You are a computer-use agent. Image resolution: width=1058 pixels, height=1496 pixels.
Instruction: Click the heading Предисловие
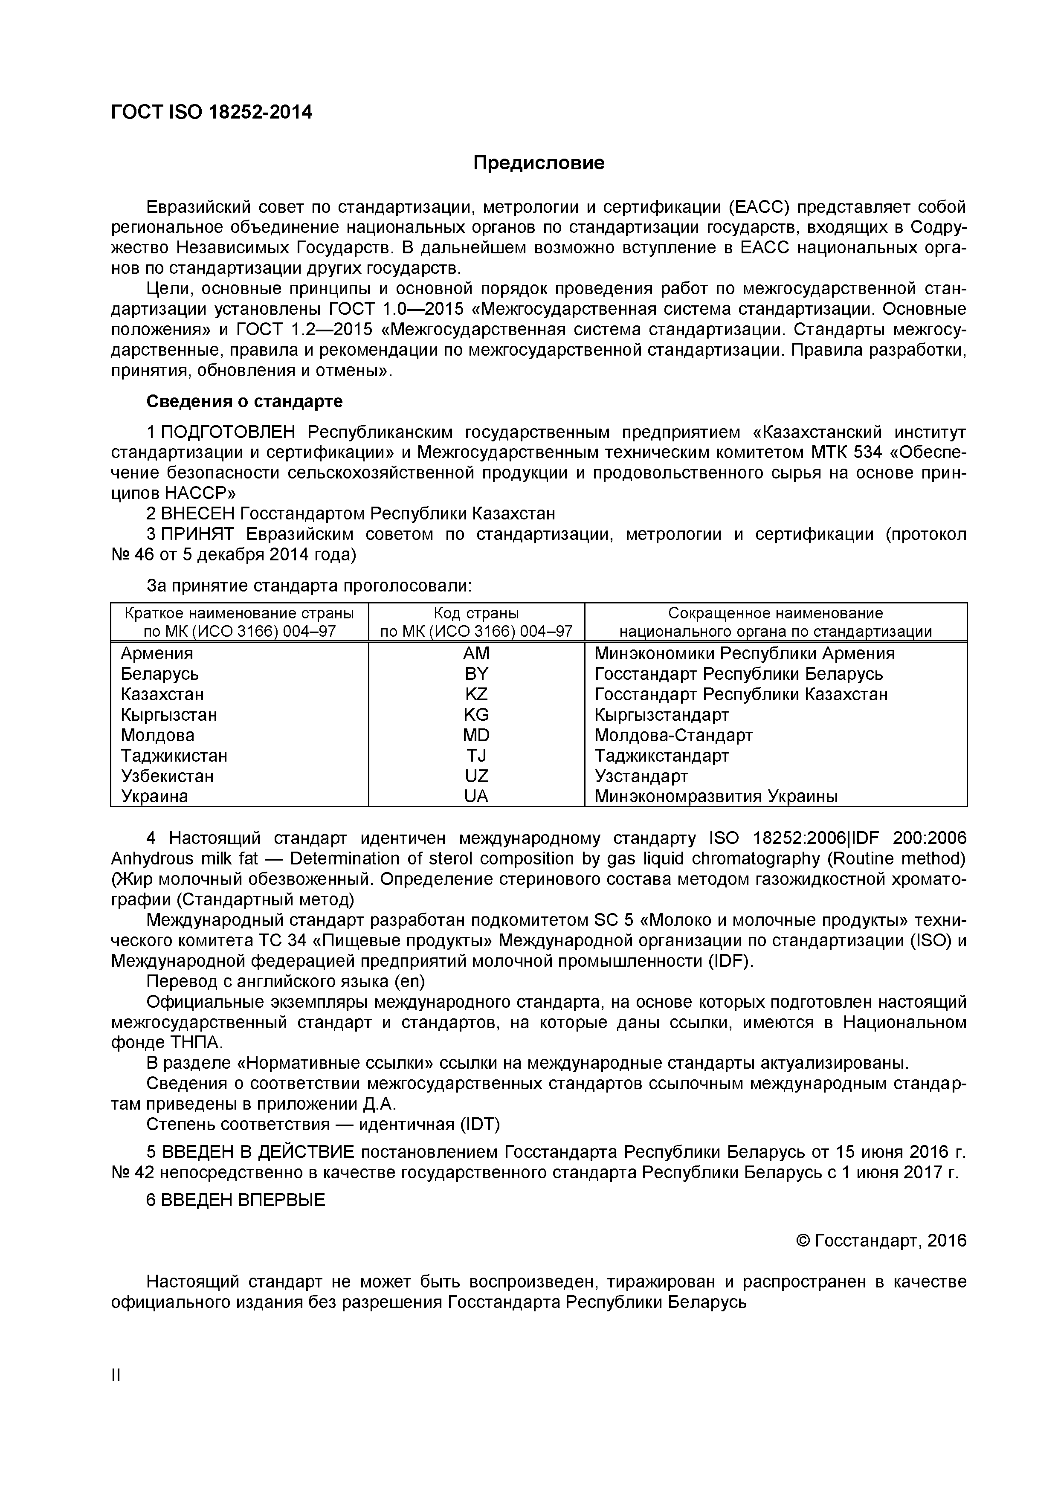point(538,163)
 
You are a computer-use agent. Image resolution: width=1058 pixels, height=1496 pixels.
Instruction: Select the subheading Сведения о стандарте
point(244,401)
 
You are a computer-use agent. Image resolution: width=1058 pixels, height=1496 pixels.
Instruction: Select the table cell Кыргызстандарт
point(661,715)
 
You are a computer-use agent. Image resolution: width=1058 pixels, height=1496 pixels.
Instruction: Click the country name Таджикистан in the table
point(174,756)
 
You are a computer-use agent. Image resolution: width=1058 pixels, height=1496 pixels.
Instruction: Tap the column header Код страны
point(476,613)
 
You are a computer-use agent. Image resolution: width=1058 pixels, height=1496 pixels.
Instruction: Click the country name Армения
point(157,653)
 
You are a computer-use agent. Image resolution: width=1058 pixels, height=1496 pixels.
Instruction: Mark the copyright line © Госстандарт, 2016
point(881,1241)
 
